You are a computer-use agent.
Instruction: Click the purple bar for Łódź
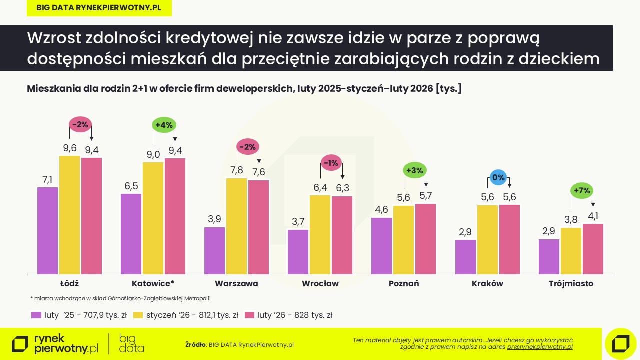tap(48, 231)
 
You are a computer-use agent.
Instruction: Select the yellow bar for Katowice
tap(153, 218)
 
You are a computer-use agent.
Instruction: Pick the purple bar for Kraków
tap(465, 257)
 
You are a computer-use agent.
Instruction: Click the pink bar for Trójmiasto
tap(593, 249)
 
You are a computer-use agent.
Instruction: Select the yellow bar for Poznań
tap(403, 240)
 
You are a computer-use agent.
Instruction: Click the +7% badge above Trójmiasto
tap(582, 191)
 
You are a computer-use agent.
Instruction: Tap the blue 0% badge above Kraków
tap(498, 177)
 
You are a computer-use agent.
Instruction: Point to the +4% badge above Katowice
tap(164, 125)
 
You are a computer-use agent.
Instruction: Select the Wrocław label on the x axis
tap(320, 284)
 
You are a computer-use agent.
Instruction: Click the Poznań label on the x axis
tap(404, 284)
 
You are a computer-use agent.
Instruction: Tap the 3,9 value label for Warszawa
tap(215, 219)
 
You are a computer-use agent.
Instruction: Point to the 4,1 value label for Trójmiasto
tap(593, 216)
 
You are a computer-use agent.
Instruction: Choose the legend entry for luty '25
tap(79, 315)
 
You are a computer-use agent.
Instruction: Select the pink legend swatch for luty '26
tap(250, 315)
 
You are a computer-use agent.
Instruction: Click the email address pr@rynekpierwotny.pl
tap(540, 347)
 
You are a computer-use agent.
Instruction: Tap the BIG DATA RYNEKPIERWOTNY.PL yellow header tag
tap(99, 8)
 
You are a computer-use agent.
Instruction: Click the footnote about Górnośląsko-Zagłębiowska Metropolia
tap(120, 298)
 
